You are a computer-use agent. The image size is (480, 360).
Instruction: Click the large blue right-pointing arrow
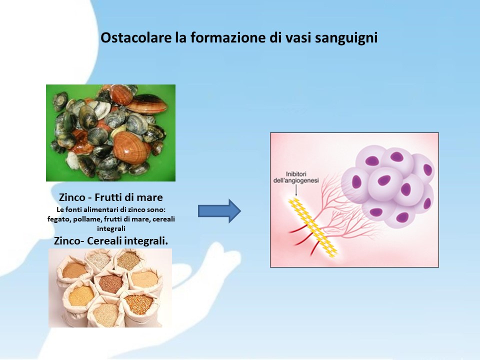pyautogui.click(x=219, y=211)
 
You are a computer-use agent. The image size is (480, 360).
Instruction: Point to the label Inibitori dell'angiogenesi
pyautogui.click(x=295, y=177)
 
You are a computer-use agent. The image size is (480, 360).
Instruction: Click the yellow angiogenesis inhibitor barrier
pyautogui.click(x=312, y=227)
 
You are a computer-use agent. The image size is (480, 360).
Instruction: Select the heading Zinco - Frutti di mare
pyautogui.click(x=111, y=197)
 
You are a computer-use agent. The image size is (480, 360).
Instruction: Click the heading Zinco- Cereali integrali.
pyautogui.click(x=111, y=241)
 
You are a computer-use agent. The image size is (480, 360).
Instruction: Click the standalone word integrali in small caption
pyautogui.click(x=111, y=228)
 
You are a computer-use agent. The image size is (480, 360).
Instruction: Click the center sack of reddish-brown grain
pyautogui.click(x=111, y=283)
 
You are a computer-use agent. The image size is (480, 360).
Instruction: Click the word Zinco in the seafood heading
pyautogui.click(x=72, y=197)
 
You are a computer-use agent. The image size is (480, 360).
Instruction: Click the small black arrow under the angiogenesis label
pyautogui.click(x=296, y=190)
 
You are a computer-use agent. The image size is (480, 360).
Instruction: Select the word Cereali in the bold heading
pyautogui.click(x=102, y=241)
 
